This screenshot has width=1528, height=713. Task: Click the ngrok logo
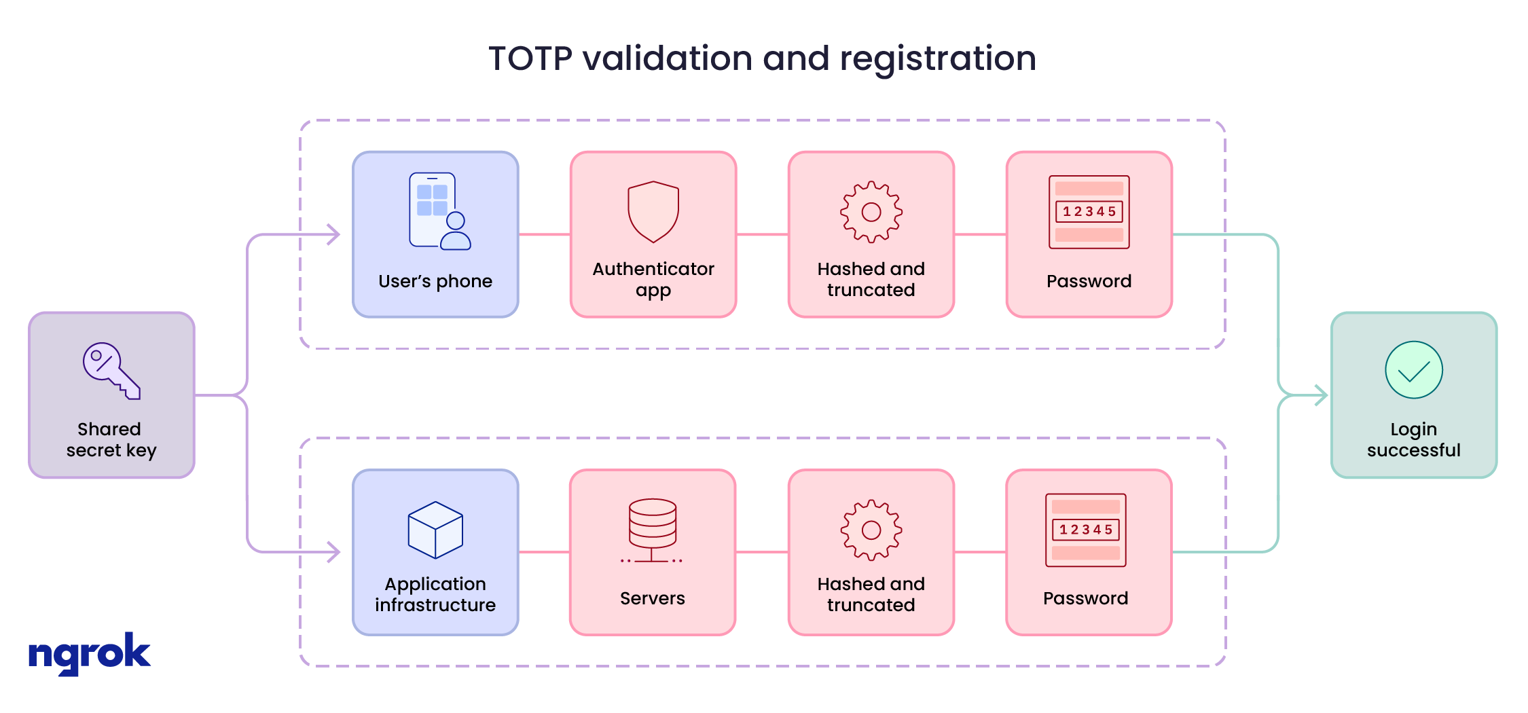click(89, 653)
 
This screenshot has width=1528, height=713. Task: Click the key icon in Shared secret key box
click(111, 371)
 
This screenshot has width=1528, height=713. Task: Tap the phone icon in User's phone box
click(439, 211)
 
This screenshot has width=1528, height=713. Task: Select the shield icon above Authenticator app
click(653, 212)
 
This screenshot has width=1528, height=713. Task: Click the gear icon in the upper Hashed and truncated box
click(871, 212)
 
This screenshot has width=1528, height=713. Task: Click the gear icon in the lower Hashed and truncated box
click(871, 530)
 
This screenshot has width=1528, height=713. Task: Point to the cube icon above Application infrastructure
click(435, 530)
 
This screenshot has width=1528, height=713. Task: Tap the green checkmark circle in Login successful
click(1413, 370)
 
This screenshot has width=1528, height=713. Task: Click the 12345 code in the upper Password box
click(1089, 212)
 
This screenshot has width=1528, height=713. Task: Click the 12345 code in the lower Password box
click(1085, 530)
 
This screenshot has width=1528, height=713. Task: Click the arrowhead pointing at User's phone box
click(333, 235)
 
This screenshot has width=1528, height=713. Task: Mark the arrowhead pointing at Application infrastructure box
click(333, 552)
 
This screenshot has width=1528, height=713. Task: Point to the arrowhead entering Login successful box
click(1321, 395)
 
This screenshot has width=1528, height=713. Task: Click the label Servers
click(652, 598)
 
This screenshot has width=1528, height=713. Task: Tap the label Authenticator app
click(653, 279)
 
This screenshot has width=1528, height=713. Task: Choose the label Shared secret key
click(111, 439)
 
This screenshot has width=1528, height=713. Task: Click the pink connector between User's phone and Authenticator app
click(545, 235)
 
